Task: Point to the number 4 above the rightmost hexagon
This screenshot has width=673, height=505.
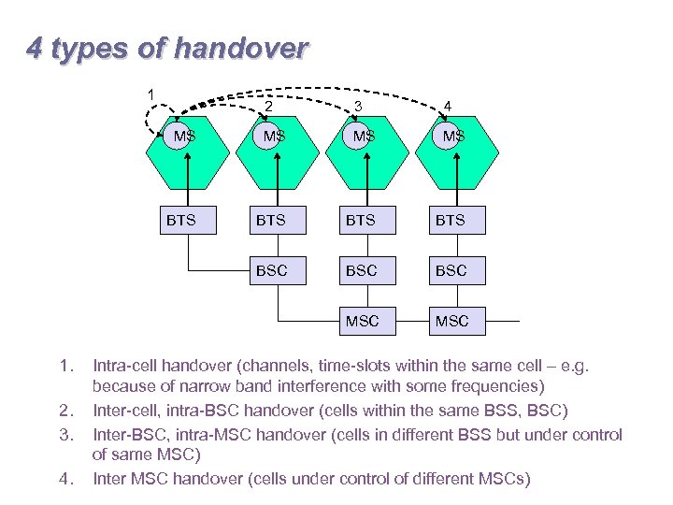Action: (x=448, y=106)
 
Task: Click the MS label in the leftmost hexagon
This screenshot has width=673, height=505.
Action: (x=183, y=137)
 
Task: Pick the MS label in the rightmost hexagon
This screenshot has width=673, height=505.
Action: (x=453, y=137)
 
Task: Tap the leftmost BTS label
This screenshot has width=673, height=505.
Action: (x=180, y=221)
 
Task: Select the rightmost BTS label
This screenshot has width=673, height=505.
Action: (x=451, y=221)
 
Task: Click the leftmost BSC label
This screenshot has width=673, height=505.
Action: (x=271, y=270)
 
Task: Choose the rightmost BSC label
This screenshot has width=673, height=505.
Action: (x=451, y=270)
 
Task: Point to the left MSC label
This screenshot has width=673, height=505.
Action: (x=362, y=321)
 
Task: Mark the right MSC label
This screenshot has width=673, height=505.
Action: (x=451, y=321)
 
